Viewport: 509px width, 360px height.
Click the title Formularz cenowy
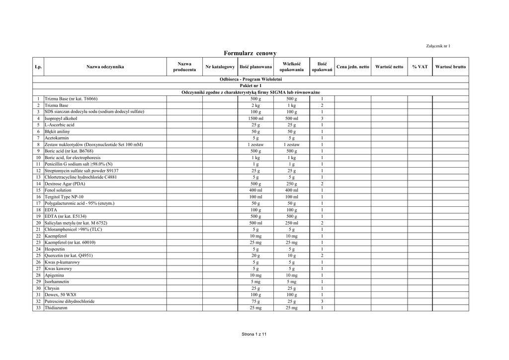coord(250,53)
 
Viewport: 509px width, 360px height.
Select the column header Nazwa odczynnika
coord(105,67)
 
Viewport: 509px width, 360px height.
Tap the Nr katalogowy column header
coord(220,67)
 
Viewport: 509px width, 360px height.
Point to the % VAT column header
coord(420,67)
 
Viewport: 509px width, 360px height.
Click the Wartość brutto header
coord(450,67)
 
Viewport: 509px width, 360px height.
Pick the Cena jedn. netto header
coord(353,67)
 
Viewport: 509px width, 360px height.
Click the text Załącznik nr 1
coord(438,46)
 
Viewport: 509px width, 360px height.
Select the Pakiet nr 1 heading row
coord(251,86)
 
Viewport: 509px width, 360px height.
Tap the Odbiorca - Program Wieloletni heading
coord(251,79)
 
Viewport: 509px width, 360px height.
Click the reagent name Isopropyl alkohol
coord(61,119)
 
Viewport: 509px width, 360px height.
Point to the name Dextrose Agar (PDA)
coord(65,183)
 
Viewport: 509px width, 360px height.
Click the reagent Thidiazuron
coord(56,308)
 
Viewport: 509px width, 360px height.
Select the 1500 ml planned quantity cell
coord(255,119)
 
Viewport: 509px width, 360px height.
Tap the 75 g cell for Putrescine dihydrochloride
coord(255,301)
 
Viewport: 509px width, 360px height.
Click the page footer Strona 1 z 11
coord(254,334)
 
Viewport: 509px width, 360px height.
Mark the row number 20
coord(38,223)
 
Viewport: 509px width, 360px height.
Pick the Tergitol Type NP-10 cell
coord(64,196)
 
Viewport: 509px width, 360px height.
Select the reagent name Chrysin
coord(52,288)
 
